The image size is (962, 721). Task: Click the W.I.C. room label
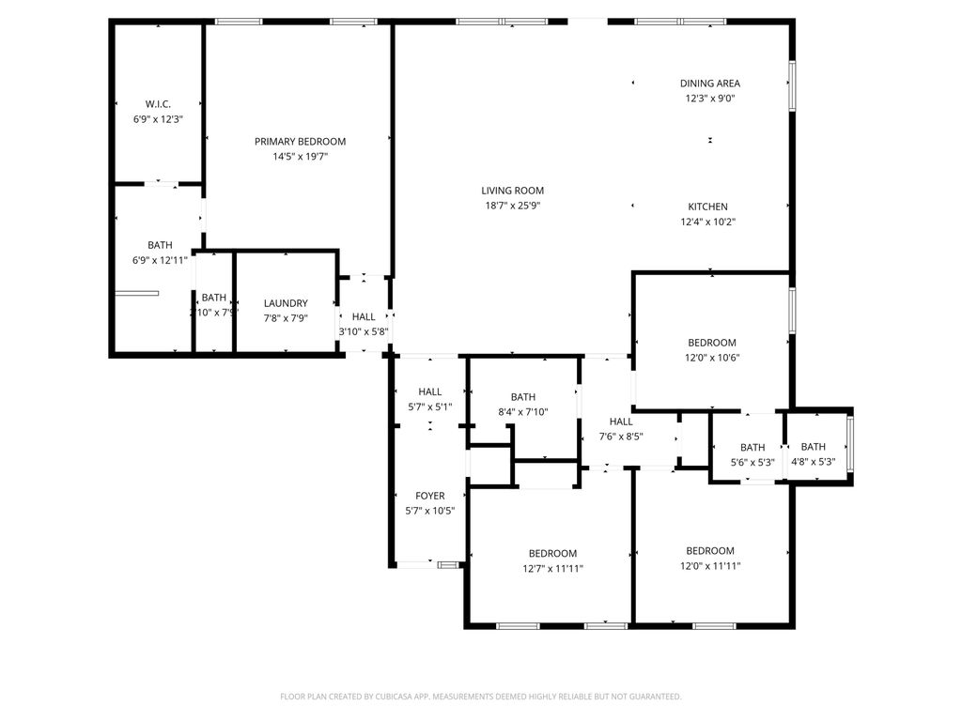158,104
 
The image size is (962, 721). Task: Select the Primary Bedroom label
300,142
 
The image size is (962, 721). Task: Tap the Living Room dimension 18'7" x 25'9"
513,206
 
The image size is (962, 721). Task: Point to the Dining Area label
710,84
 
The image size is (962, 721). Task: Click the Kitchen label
707,207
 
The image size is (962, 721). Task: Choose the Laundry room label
286,303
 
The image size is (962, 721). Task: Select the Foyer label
430,496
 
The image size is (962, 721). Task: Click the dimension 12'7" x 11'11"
552,568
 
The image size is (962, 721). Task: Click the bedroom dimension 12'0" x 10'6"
712,358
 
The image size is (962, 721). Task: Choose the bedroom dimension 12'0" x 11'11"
709,566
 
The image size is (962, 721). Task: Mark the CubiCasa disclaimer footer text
481,697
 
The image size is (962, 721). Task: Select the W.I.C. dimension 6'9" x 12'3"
158,119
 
